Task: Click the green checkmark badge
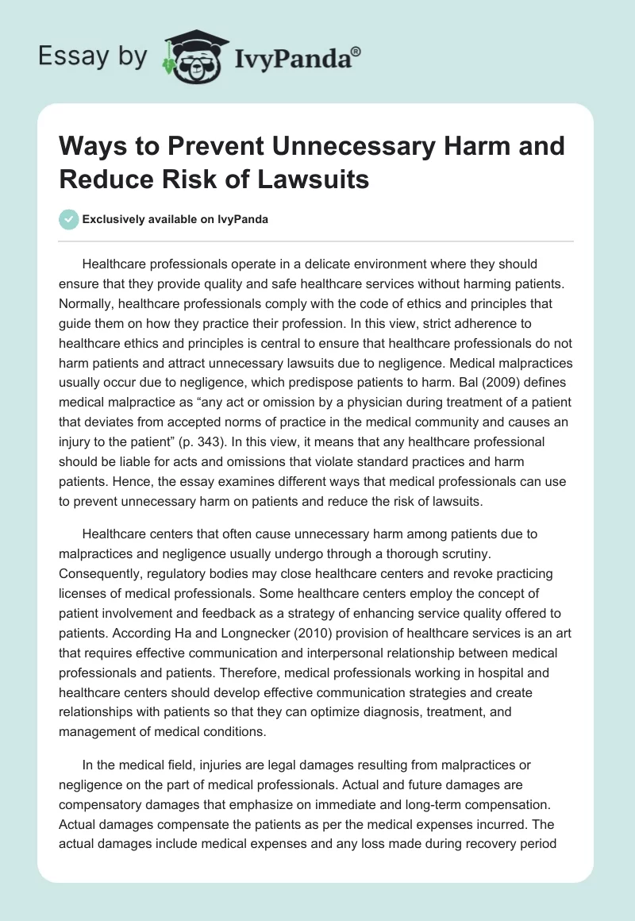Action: (68, 219)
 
